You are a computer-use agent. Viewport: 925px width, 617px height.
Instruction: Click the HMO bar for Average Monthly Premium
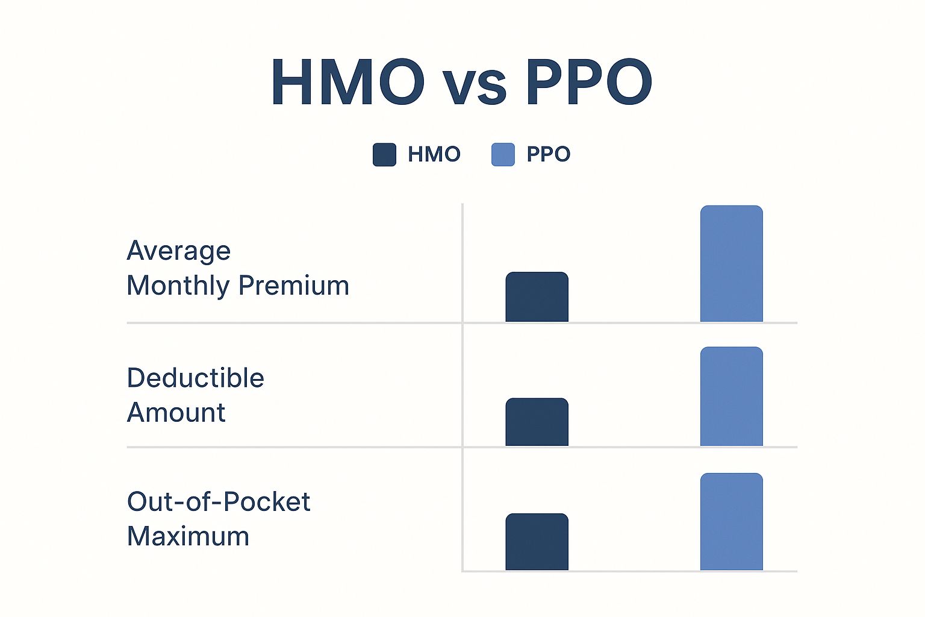[x=537, y=297]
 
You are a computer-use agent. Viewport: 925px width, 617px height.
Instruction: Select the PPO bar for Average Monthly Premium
[x=731, y=264]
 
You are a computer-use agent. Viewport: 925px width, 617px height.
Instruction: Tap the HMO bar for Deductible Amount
[x=537, y=422]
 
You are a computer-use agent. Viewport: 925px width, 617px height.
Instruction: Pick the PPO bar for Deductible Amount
[x=731, y=396]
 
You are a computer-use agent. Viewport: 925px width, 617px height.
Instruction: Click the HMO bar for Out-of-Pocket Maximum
[x=537, y=542]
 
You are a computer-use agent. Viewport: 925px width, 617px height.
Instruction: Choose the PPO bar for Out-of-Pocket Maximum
[x=731, y=521]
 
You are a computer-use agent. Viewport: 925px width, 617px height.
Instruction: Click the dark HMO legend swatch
[x=384, y=154]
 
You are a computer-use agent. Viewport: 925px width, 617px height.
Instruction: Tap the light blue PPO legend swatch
[x=503, y=154]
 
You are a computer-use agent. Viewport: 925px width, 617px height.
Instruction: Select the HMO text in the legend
[x=434, y=154]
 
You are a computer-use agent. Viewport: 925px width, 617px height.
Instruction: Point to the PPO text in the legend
[x=548, y=154]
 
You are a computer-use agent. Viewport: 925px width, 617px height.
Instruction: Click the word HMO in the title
[x=347, y=83]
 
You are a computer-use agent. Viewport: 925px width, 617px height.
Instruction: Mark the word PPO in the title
[x=588, y=83]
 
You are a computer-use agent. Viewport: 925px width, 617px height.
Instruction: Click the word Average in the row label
[x=178, y=251]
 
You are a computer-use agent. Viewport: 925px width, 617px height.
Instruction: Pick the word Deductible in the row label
[x=195, y=378]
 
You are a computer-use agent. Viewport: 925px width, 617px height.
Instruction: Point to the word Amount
[x=176, y=413]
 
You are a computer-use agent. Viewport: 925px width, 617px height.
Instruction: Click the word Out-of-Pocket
[x=218, y=501]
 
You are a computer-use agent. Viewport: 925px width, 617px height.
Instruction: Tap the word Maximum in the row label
[x=188, y=536]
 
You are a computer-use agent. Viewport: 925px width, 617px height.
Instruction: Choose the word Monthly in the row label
[x=178, y=286]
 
